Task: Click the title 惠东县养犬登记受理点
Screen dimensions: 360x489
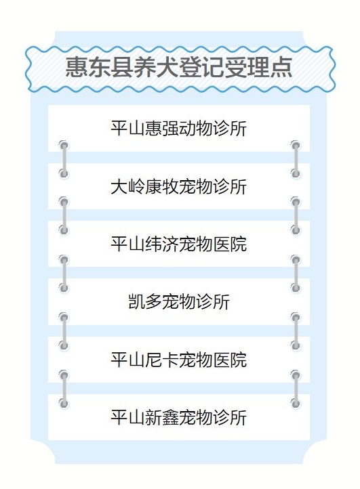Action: (x=179, y=67)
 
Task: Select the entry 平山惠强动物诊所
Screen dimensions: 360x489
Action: (x=179, y=128)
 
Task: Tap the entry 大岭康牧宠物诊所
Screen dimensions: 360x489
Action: (x=179, y=186)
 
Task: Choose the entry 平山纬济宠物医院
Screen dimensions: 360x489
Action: (x=179, y=244)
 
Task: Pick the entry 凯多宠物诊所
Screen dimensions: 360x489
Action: (x=179, y=301)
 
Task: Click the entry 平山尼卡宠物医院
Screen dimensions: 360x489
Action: (x=179, y=360)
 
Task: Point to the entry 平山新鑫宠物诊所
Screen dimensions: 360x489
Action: (x=179, y=417)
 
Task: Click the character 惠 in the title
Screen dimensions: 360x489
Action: (x=77, y=67)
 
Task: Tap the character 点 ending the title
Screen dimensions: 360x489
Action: (x=281, y=67)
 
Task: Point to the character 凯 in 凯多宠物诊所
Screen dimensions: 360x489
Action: (x=137, y=301)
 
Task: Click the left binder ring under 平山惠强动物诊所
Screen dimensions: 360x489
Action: (x=64, y=159)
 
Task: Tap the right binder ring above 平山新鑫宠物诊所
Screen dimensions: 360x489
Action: (x=296, y=389)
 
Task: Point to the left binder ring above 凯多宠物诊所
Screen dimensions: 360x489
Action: (x=64, y=274)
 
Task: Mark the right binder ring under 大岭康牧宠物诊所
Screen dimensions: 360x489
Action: (x=296, y=216)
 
